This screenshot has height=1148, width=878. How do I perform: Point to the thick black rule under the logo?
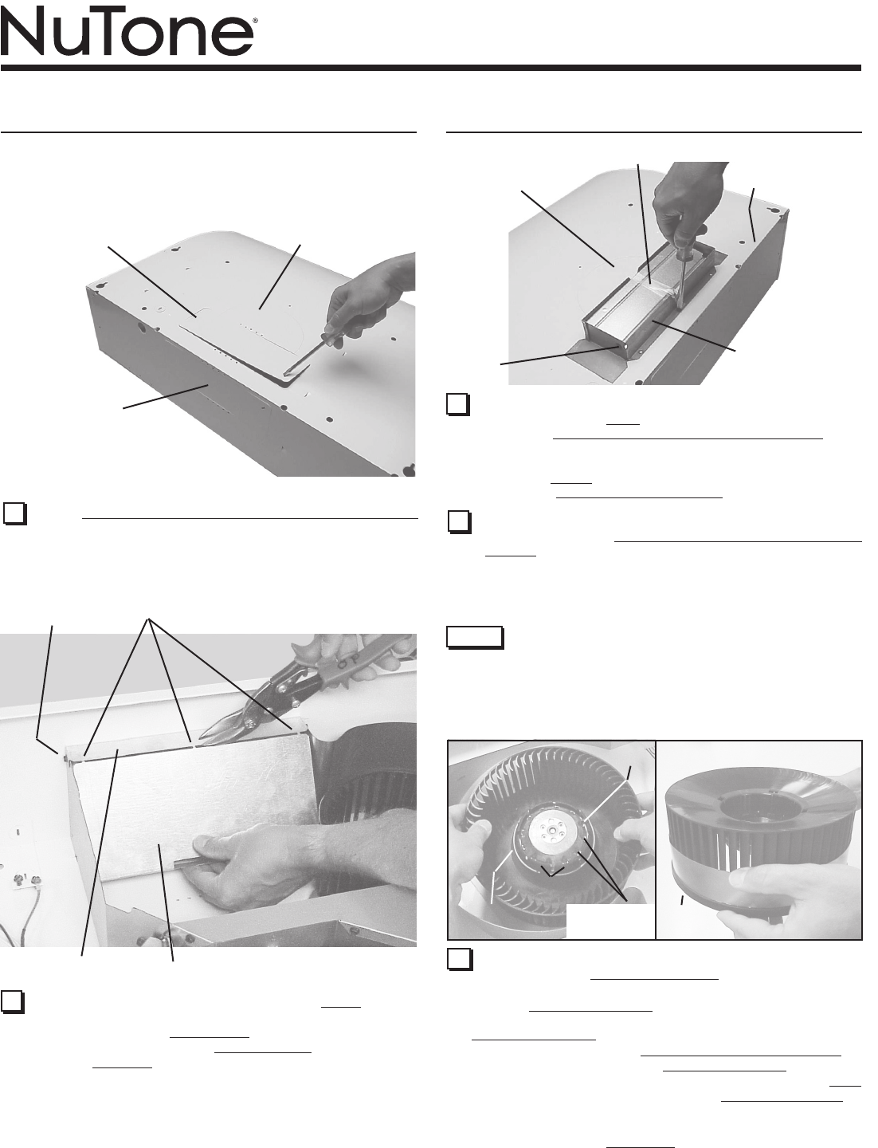tap(431, 68)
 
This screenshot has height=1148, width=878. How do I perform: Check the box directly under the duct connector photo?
tap(458, 403)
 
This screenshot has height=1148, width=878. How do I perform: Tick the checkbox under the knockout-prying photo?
tap(14, 513)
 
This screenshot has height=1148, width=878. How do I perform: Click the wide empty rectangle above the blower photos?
tap(475, 637)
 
